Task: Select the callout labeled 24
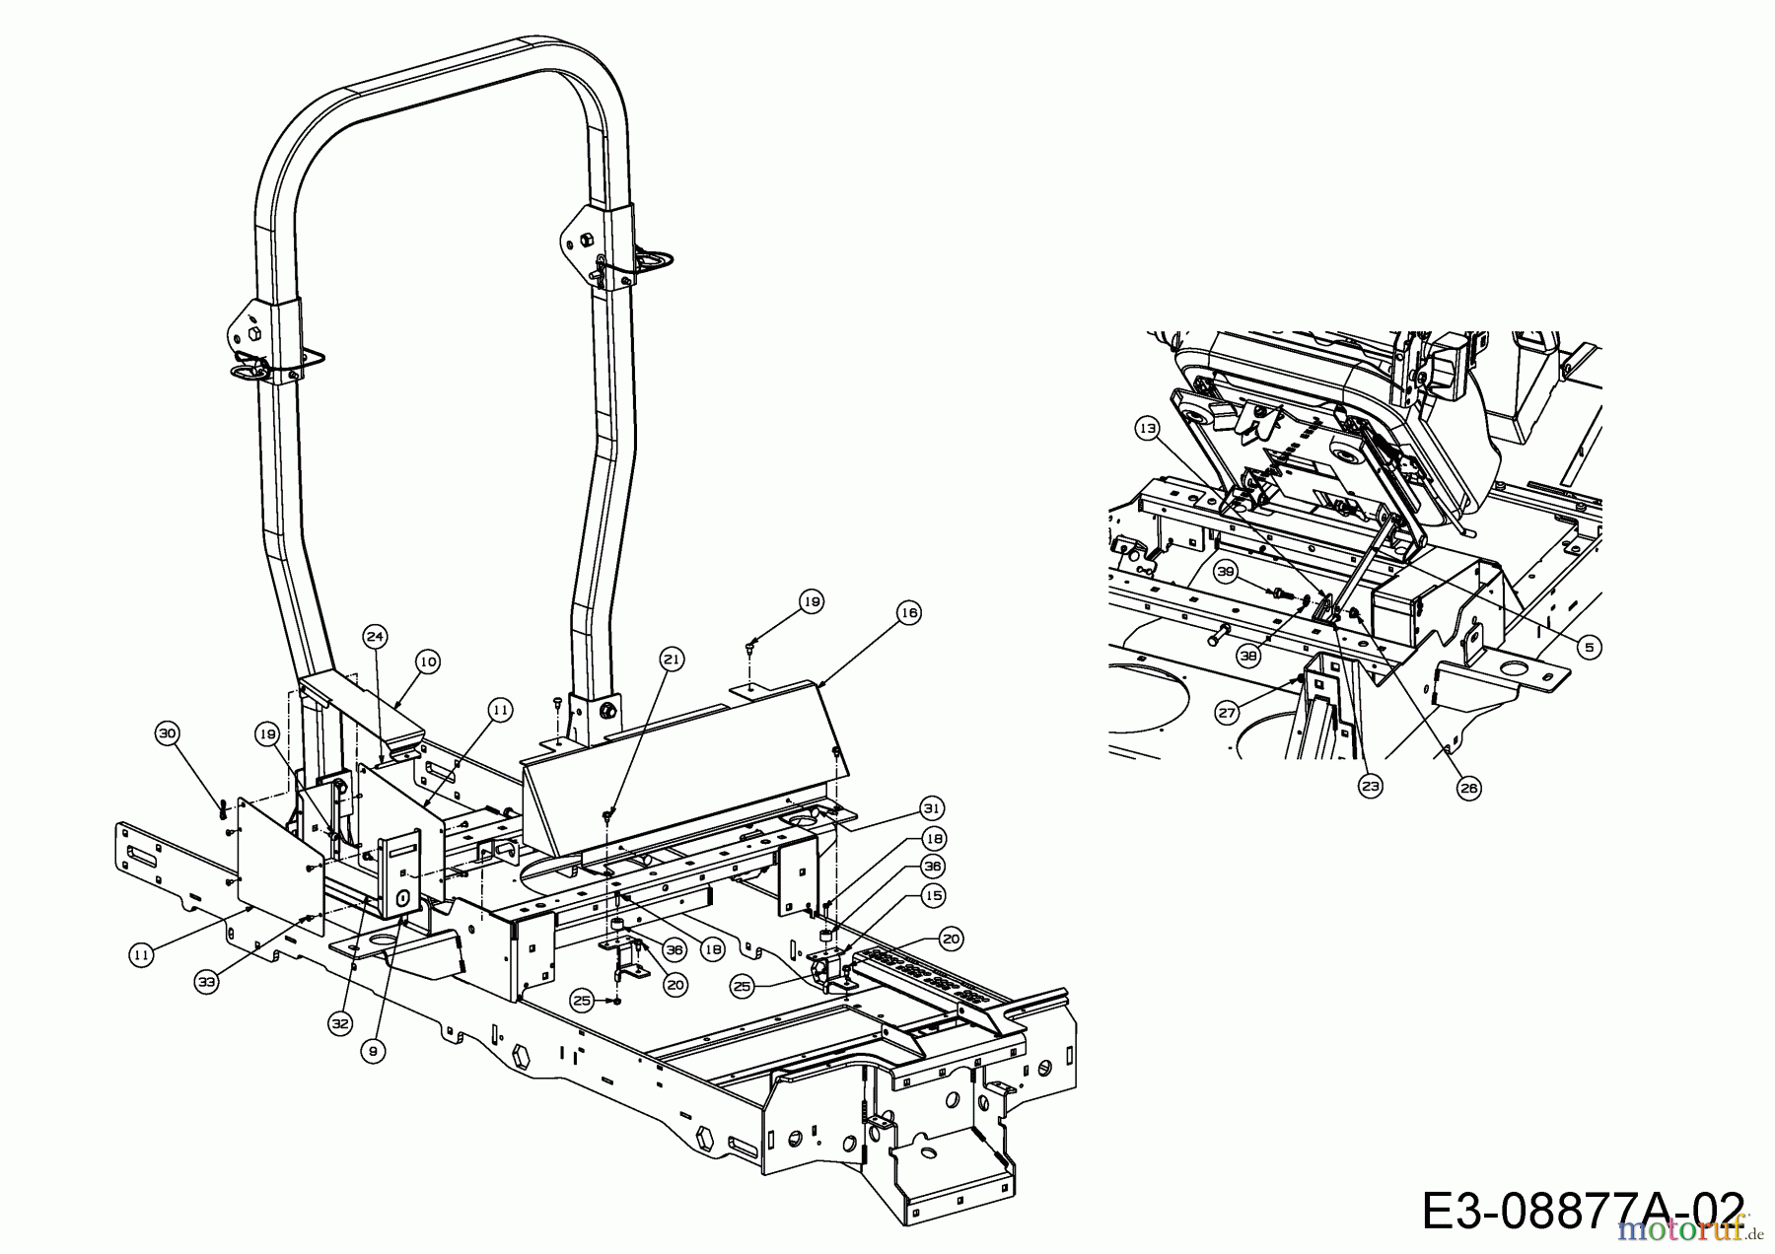(x=374, y=636)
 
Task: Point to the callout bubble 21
(x=672, y=660)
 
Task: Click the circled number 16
(x=908, y=613)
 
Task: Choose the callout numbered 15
(x=932, y=895)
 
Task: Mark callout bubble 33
(x=205, y=982)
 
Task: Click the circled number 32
(x=340, y=1024)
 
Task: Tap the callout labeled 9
(x=372, y=1052)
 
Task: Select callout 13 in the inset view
(x=1146, y=429)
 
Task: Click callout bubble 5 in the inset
(x=1589, y=647)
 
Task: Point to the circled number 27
(x=1226, y=712)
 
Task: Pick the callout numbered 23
(x=1371, y=785)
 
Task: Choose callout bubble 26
(x=1469, y=787)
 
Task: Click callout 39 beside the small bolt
(x=1226, y=572)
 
